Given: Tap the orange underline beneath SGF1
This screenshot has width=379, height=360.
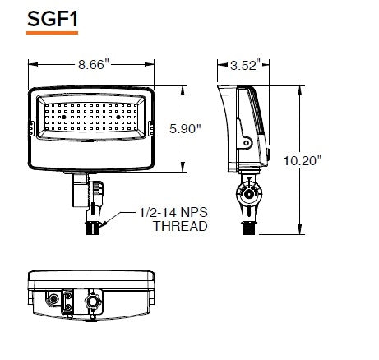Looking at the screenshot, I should click(x=41, y=33).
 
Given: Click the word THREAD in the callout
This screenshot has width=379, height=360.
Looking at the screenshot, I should click(x=180, y=226).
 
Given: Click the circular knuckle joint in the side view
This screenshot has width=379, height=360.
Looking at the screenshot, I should click(x=247, y=195).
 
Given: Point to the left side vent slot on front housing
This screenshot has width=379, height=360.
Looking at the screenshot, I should click(x=30, y=127).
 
